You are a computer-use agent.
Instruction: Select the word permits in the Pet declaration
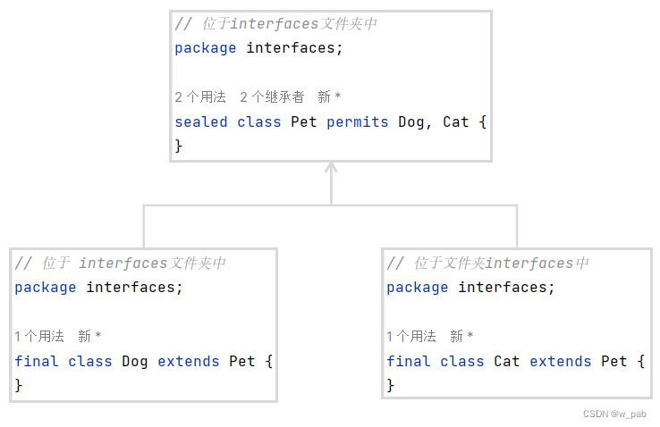click(357, 121)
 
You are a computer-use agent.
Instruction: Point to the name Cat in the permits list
click(456, 121)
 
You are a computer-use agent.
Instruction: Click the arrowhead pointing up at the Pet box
click(331, 169)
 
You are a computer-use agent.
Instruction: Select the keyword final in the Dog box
click(37, 361)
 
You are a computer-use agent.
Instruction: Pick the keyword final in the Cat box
click(409, 361)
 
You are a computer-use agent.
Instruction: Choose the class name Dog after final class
click(135, 361)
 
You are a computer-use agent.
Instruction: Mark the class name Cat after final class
click(507, 361)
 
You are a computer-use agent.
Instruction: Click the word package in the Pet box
click(206, 47)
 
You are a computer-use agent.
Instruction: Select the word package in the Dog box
click(46, 287)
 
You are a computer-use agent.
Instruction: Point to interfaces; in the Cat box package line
click(506, 287)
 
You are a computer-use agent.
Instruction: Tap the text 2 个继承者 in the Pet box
click(272, 96)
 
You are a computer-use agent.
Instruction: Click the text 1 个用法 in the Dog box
click(39, 336)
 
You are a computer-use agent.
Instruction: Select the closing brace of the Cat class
click(391, 385)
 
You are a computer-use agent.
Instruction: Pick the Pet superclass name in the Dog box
click(241, 361)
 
